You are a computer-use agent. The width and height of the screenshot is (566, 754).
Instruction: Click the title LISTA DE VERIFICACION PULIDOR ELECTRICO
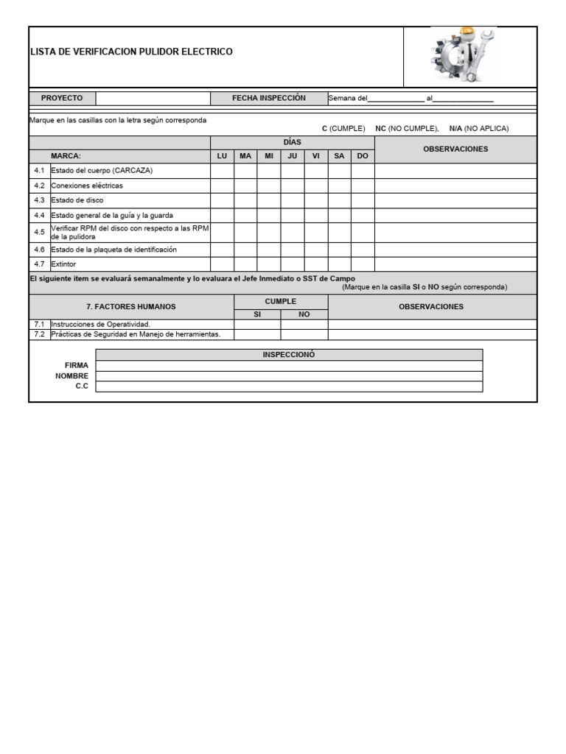point(131,52)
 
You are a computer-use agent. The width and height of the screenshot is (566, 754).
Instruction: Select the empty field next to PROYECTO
point(153,98)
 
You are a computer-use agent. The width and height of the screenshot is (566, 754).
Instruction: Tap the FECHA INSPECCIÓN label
point(268,98)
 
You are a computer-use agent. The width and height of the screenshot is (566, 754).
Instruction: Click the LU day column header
point(222,156)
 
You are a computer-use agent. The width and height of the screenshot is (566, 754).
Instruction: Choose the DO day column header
point(363,156)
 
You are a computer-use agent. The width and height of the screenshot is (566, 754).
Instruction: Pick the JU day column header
point(292,156)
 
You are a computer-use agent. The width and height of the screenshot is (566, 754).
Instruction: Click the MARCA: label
point(66,156)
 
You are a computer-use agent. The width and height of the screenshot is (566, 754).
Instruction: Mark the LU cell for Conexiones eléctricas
point(222,186)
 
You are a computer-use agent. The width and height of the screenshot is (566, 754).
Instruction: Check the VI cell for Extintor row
point(315,264)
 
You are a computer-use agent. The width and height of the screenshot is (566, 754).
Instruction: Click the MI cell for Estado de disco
point(269,200)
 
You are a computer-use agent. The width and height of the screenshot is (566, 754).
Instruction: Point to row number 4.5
point(39,232)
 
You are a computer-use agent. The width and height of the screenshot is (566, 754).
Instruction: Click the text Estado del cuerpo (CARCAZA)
point(102,171)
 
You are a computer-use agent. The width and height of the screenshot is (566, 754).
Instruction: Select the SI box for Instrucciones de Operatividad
point(257,324)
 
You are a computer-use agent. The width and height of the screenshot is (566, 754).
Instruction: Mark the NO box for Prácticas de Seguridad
point(304,334)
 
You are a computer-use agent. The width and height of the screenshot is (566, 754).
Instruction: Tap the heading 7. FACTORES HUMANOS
point(131,306)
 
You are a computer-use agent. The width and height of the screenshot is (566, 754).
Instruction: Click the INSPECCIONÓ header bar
point(289,355)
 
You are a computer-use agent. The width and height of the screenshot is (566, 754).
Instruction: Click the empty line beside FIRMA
point(289,365)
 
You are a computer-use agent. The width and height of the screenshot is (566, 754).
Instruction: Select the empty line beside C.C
point(289,387)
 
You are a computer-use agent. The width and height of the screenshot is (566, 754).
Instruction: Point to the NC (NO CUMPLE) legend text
point(407,128)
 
